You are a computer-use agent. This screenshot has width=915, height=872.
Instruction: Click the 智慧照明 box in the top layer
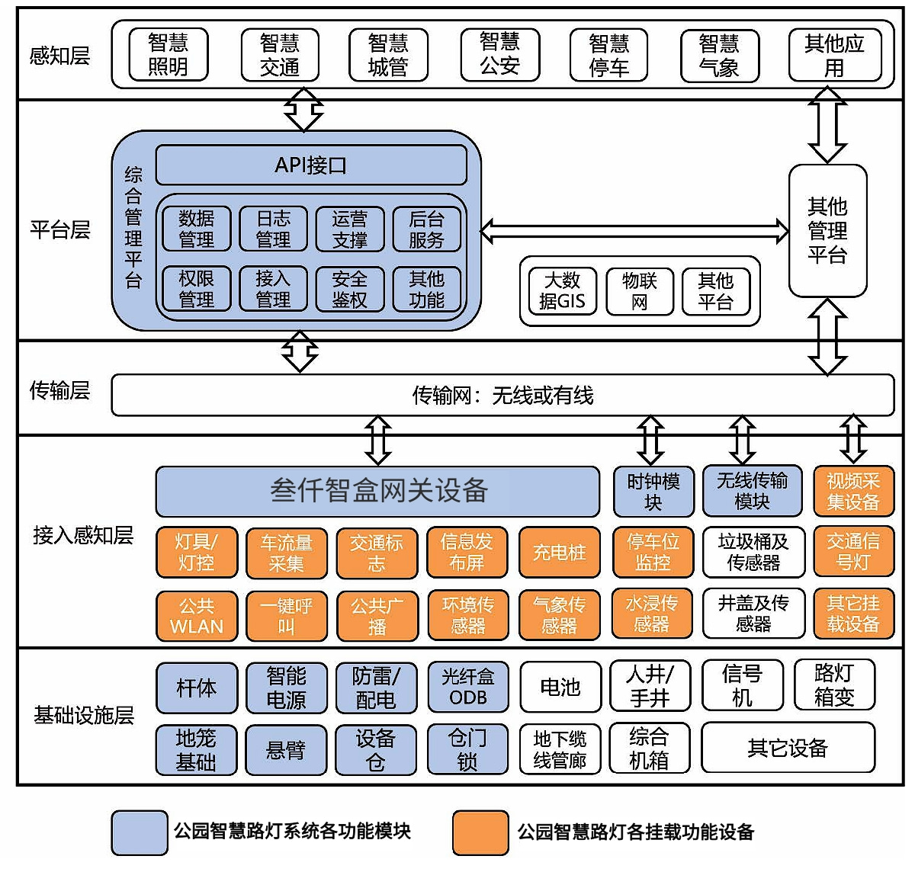pyautogui.click(x=168, y=55)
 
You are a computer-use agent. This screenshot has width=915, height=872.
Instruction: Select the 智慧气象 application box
pyautogui.click(x=719, y=55)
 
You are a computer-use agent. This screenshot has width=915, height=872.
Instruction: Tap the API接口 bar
pyautogui.click(x=311, y=165)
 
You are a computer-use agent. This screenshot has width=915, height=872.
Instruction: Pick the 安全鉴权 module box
pyautogui.click(x=350, y=290)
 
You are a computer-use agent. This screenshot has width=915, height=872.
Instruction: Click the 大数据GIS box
pyautogui.click(x=562, y=291)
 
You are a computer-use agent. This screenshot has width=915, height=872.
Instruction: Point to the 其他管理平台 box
pyautogui.click(x=827, y=230)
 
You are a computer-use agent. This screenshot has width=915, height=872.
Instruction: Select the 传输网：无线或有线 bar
pyautogui.click(x=502, y=395)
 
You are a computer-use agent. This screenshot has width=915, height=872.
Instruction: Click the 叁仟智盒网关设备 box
pyautogui.click(x=377, y=491)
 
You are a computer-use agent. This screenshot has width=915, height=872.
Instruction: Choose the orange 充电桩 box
pyautogui.click(x=560, y=553)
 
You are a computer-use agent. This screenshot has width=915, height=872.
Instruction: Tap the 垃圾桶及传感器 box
pyautogui.click(x=753, y=553)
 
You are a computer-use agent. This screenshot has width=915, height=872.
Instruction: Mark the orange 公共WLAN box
pyautogui.click(x=197, y=616)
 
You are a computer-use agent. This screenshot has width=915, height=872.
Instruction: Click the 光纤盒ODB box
pyautogui.click(x=467, y=687)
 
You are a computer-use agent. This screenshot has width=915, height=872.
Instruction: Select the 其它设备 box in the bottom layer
pyautogui.click(x=788, y=748)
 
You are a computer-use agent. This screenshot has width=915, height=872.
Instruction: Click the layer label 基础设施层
pyautogui.click(x=83, y=715)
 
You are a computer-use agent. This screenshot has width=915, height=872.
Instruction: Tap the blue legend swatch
pyautogui.click(x=139, y=832)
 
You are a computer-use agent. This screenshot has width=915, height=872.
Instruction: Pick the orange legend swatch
pyautogui.click(x=480, y=832)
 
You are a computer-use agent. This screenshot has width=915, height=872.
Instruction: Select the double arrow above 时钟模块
pyautogui.click(x=650, y=440)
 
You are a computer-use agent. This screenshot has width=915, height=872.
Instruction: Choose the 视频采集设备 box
pyautogui.click(x=853, y=492)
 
